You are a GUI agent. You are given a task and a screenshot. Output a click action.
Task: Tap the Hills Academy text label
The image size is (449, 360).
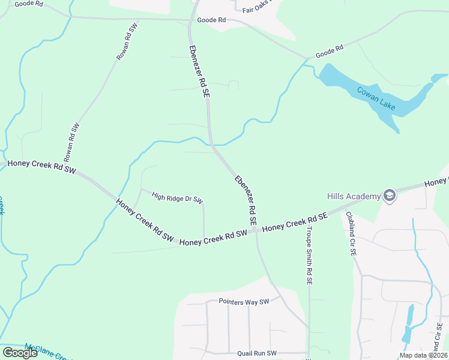pyautogui.click(x=354, y=196)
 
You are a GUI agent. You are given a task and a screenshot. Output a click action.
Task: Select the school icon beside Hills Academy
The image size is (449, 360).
pyautogui.click(x=389, y=196)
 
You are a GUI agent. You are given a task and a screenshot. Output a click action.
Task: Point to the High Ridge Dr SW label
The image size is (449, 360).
pyautogui.click(x=178, y=197)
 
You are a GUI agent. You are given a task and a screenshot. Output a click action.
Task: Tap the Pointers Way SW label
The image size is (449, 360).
pyautogui.click(x=244, y=302)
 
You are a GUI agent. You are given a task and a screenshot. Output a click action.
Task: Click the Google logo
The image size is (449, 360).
pyautogui.click(x=20, y=352)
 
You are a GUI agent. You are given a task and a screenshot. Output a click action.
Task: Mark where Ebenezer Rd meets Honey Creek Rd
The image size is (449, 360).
pyautogui.click(x=256, y=230)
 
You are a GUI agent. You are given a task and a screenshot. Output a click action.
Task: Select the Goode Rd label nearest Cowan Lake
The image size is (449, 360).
pyautogui.click(x=330, y=52)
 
